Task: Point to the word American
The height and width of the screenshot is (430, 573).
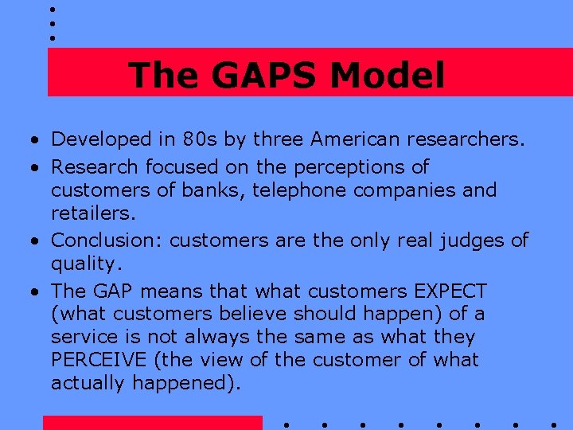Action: (x=355, y=140)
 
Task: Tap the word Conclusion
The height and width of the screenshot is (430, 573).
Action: (x=107, y=240)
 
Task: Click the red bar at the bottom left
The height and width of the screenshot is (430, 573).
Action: (x=152, y=423)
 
